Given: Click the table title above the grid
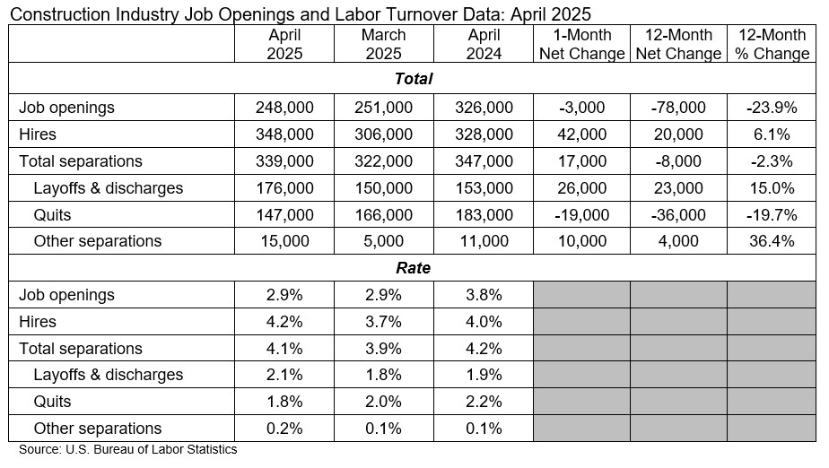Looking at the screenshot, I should tap(301, 14).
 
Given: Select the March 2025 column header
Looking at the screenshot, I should tap(383, 44).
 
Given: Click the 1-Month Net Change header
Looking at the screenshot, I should tap(581, 44).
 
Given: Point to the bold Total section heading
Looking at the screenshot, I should tap(414, 79).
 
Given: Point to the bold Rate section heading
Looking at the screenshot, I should tap(414, 267).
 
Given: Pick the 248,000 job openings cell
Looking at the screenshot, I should tap(284, 108).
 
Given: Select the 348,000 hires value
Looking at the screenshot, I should tap(284, 134).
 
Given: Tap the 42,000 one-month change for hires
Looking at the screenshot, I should tap(581, 134).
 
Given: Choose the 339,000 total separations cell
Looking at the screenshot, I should tap(284, 161).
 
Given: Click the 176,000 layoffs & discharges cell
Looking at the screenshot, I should tap(284, 188).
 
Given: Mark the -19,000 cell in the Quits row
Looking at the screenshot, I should tap(581, 215).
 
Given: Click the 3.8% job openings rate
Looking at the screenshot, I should tap(484, 295).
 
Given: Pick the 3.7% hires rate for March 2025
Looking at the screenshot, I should tap(383, 322).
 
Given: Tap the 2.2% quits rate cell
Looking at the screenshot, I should tap(484, 402).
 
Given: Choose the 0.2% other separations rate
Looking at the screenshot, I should tap(284, 429).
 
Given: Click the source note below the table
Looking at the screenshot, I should tap(128, 450).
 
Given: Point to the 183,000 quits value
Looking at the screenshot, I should tap(484, 215).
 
